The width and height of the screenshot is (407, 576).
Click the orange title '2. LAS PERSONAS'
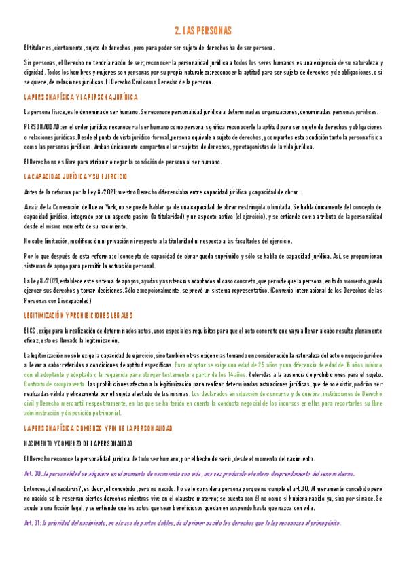pyautogui.click(x=203, y=31)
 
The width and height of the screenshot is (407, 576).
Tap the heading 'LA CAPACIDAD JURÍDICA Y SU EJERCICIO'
pyautogui.click(x=75, y=177)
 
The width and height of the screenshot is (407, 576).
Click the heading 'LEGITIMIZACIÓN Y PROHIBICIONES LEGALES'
pyautogui.click(x=78, y=315)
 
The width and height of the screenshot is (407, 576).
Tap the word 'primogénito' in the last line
pyautogui.click(x=323, y=523)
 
